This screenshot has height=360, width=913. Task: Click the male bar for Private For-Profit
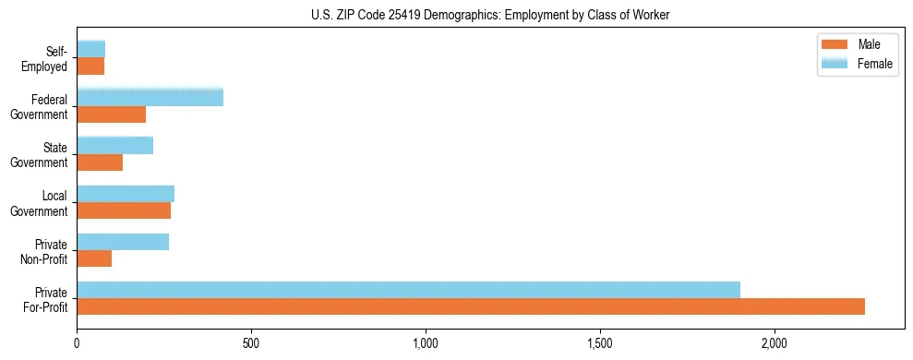click(471, 306)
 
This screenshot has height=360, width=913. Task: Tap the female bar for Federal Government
click(150, 97)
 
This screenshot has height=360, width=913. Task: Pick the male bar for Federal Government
click(112, 114)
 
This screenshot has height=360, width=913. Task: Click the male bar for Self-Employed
click(90, 66)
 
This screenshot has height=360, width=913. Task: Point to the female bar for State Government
click(114, 145)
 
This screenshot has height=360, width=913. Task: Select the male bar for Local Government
click(124, 210)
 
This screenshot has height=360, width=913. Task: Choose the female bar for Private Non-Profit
click(123, 242)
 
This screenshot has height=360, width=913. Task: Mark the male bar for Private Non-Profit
click(94, 258)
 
